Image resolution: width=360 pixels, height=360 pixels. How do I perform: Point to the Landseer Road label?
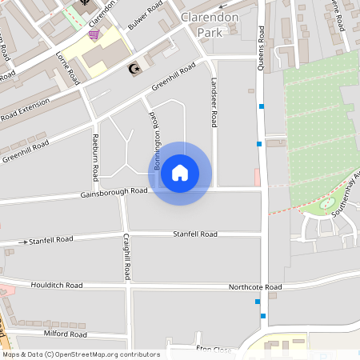(214, 103)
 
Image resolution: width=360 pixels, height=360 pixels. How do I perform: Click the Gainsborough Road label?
(114, 192)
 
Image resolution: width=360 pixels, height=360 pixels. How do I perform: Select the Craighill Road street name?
(127, 256)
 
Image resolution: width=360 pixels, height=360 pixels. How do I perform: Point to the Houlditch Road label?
(57, 285)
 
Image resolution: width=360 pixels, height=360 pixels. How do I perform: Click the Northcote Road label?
(255, 286)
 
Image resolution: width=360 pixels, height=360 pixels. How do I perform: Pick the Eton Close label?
(214, 350)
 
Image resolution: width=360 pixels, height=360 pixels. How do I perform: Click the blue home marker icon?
(180, 173)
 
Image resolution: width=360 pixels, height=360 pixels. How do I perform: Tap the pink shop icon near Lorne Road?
(94, 34)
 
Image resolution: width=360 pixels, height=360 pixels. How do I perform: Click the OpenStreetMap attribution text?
(80, 354)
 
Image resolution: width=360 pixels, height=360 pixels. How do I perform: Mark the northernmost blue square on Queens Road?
(262, 106)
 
